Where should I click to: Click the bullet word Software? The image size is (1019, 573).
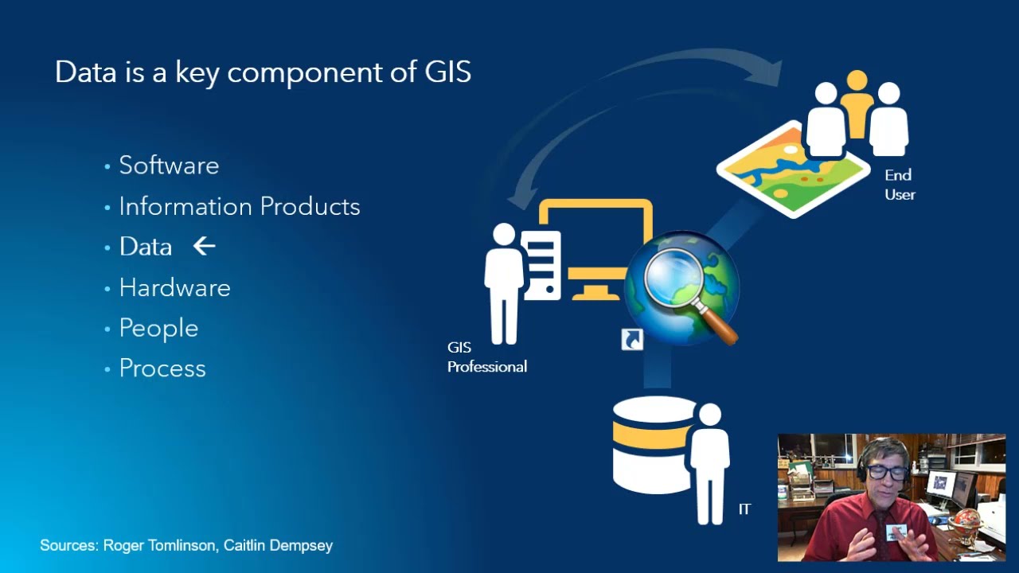point(169,166)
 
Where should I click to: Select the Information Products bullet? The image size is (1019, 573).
point(239,207)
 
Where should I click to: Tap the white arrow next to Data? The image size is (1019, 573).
point(205,247)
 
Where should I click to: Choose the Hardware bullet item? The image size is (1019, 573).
point(174,287)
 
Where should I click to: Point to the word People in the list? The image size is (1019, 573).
point(158,328)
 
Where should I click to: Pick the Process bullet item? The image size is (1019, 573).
point(162,368)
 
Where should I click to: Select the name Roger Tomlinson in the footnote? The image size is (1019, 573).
point(159,545)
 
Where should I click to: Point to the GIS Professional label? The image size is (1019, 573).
point(486,357)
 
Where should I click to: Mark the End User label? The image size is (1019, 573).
point(900,185)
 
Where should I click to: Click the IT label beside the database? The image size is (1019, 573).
point(744,509)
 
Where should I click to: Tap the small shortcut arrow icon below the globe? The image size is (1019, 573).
point(632,339)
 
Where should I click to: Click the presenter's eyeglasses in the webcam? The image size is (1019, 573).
point(885,472)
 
